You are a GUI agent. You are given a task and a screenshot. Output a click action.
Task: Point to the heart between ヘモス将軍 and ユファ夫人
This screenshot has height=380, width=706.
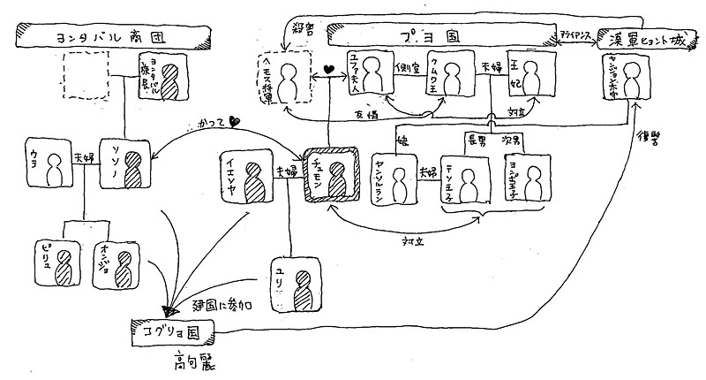click(x=327, y=69)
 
